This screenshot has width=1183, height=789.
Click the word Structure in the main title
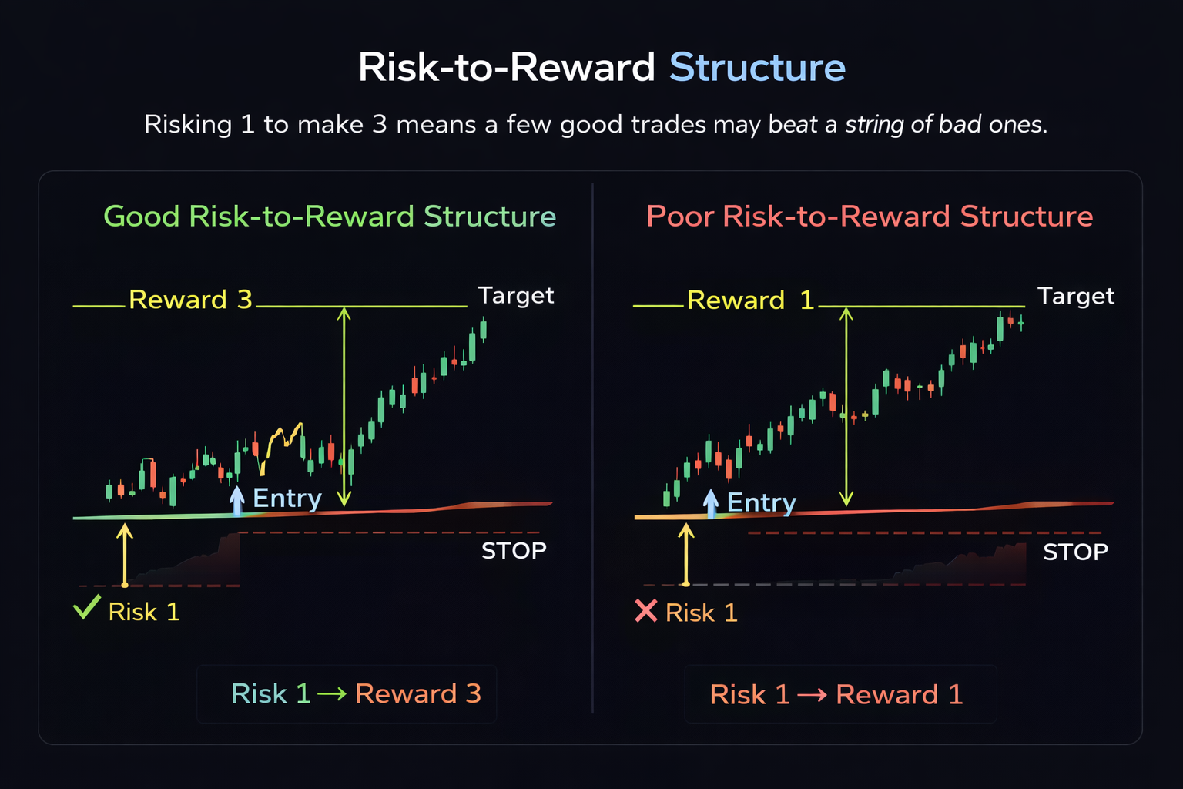click(757, 67)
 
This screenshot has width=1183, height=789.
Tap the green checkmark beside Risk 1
click(86, 608)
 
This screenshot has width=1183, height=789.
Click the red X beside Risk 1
click(645, 611)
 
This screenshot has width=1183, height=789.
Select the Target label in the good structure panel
click(515, 295)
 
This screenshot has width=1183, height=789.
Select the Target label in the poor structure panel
click(1075, 296)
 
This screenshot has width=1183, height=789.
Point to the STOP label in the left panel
click(514, 551)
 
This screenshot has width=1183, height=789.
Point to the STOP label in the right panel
click(1075, 552)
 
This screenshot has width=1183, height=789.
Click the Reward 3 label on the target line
click(190, 299)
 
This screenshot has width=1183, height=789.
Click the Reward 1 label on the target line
click(749, 300)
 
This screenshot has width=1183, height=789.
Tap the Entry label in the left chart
click(287, 499)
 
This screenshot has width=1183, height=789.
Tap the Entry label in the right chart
click(761, 502)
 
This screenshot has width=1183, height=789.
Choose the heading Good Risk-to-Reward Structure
click(330, 217)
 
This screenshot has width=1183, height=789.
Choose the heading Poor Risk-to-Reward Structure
click(870, 217)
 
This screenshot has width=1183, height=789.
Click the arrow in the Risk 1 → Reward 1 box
click(812, 696)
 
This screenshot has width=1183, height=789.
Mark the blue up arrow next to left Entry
click(237, 500)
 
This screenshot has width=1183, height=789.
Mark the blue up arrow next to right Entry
click(711, 502)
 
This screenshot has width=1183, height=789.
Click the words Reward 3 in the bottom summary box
click(418, 694)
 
